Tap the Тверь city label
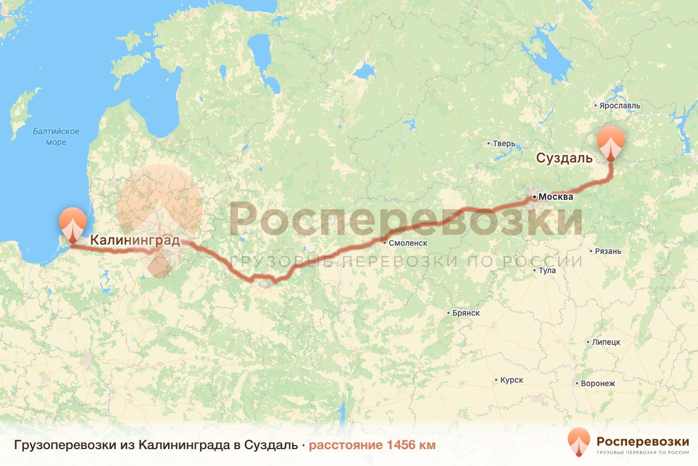(x=504, y=143)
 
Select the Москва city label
(x=555, y=197)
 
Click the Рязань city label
(x=607, y=252)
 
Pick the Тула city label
(x=547, y=270)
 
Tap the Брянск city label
(x=465, y=313)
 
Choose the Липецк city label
(x=607, y=342)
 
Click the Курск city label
(x=511, y=380)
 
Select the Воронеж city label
(x=598, y=383)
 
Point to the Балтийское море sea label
(x=56, y=137)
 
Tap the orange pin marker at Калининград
(x=72, y=223)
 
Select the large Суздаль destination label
(x=564, y=158)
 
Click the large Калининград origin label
(x=134, y=239)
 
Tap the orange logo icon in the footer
(x=579, y=442)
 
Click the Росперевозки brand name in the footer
(x=643, y=440)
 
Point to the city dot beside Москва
(x=534, y=197)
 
